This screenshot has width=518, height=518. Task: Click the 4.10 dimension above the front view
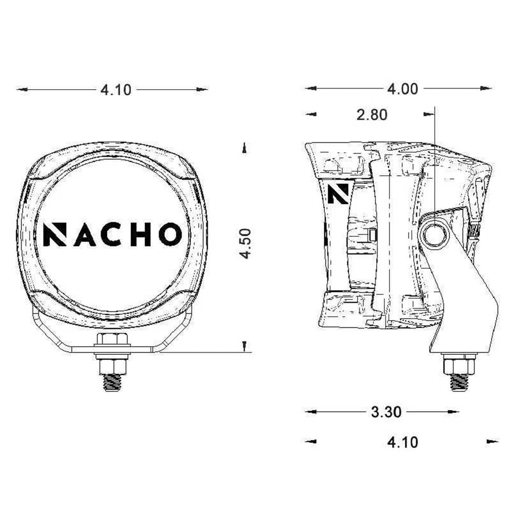point(116,90)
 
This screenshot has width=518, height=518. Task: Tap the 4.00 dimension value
point(402,89)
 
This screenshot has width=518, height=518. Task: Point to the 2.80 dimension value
point(372,114)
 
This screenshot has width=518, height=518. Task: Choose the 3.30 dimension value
point(386,412)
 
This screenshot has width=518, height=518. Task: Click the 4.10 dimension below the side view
point(402,442)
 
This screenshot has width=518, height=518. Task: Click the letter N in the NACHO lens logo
point(54,235)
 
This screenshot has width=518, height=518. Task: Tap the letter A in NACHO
point(84,235)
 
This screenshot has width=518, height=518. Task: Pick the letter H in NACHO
point(140,235)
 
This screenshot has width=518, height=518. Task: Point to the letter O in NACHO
point(170,235)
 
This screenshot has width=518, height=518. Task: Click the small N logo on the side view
point(337,193)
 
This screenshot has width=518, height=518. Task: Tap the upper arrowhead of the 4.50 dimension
point(244,148)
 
